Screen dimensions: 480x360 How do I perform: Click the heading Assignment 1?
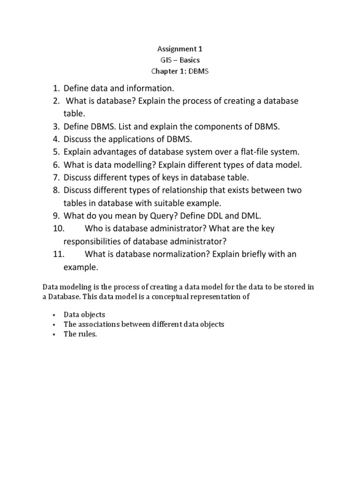180,49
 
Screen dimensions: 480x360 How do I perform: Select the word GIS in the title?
166,60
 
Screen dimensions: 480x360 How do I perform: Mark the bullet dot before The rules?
55,335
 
